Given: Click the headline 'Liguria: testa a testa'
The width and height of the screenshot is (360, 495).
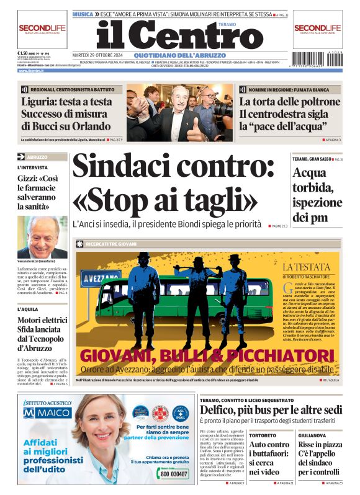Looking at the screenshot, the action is tap(67, 102).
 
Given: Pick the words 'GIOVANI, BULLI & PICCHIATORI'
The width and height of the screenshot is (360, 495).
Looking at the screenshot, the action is tap(207, 355).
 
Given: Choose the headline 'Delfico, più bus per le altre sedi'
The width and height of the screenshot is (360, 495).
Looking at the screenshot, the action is tap(271, 409).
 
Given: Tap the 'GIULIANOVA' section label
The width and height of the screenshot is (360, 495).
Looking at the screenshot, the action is tap(310, 435).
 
